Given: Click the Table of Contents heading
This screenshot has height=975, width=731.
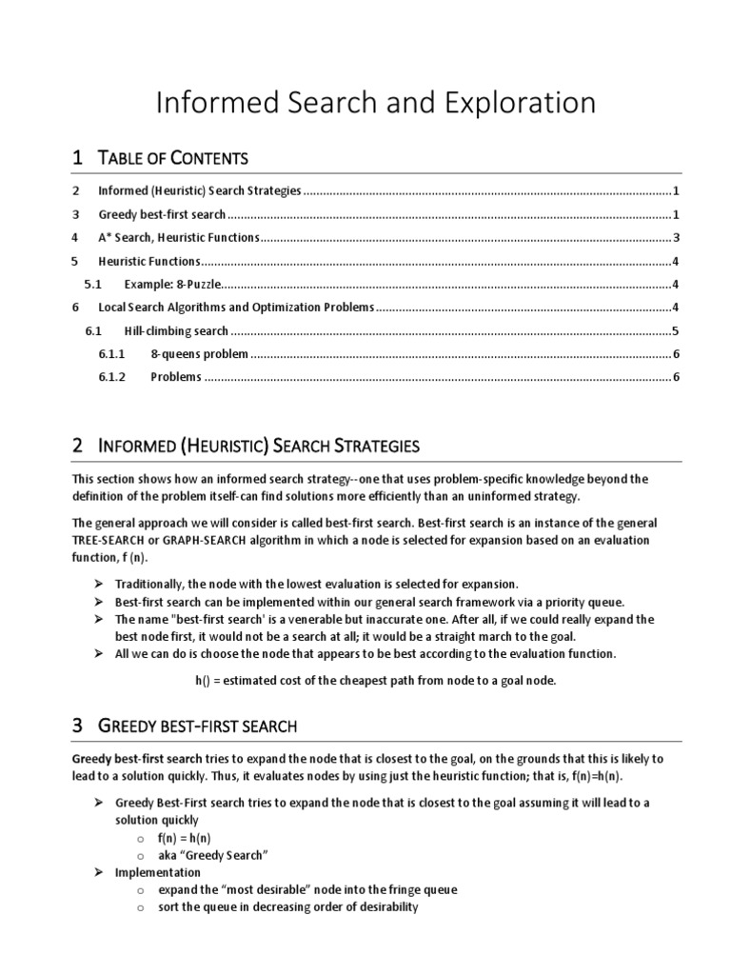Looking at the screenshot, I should coord(173,157).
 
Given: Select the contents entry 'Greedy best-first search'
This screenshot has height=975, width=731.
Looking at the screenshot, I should coord(162,214).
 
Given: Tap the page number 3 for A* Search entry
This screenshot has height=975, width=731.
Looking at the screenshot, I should coord(675,238).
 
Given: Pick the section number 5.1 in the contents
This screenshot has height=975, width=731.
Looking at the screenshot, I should coord(92,284).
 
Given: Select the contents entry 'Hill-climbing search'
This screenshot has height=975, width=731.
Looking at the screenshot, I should coord(176,331).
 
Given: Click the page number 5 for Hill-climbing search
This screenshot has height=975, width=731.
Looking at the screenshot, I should coord(675,331).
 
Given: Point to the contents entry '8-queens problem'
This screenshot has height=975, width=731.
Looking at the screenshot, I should coord(200,354).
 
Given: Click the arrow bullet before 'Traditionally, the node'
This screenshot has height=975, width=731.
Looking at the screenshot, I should coord(99,584).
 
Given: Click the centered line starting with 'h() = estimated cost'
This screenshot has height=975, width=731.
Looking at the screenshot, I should coord(375,680).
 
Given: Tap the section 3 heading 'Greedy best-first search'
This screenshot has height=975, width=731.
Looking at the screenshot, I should coord(198,726).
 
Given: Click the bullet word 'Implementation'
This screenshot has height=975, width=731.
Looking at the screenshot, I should coord(158,872).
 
